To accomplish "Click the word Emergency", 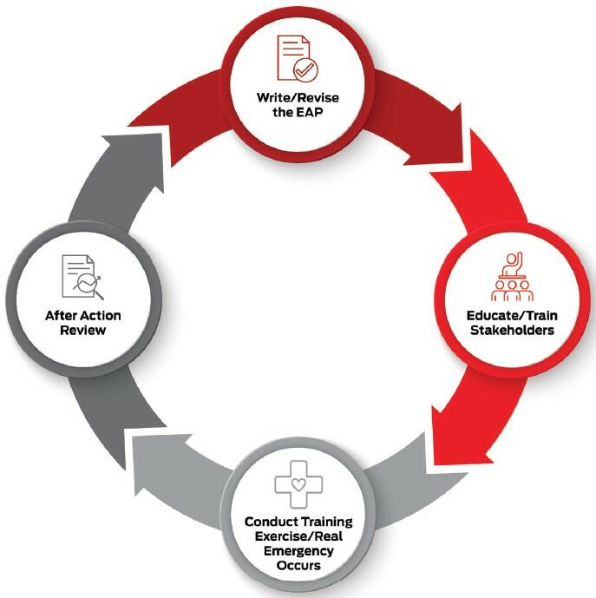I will (298, 551).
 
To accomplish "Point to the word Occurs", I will (298, 566).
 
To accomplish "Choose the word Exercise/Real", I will (298, 537).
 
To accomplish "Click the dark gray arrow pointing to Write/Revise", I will (130, 174).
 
